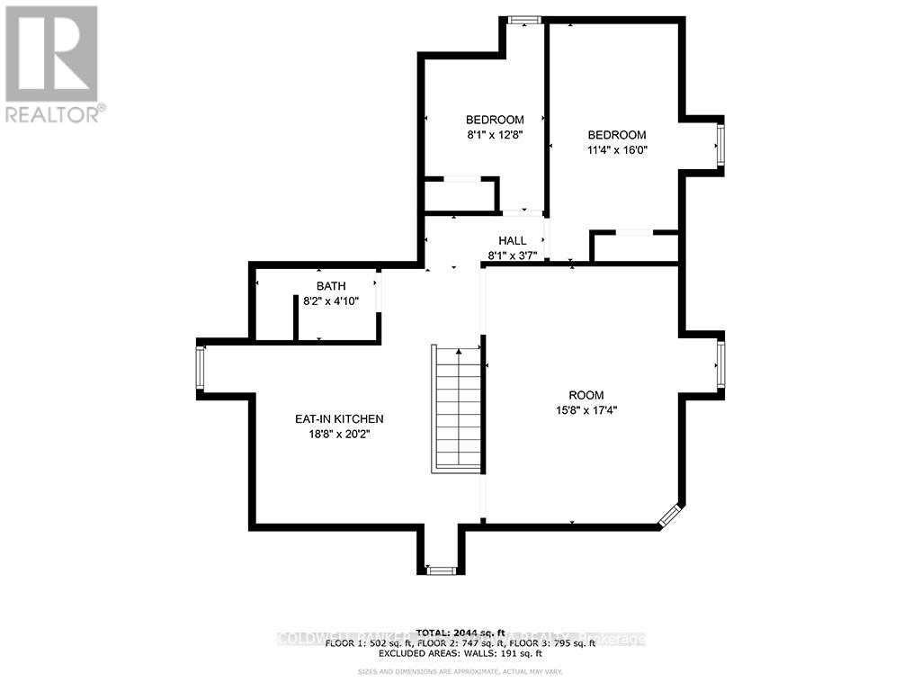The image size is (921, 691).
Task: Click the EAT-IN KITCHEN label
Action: (339, 419)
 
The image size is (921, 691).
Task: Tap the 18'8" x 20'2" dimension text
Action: (339, 435)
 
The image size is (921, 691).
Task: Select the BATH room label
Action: (330, 286)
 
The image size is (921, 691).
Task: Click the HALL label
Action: (513, 240)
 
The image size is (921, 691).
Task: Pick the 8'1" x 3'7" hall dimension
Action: (513, 256)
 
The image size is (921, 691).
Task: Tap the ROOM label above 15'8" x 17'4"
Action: (586, 395)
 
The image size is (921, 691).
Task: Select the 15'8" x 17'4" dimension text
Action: (586, 410)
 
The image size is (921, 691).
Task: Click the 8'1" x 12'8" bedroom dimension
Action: (494, 135)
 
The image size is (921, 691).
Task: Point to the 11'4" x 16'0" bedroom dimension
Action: (612, 150)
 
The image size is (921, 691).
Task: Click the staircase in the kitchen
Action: (458, 408)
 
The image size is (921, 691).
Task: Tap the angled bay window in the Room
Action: (670, 516)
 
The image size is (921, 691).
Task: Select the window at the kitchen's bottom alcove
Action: (441, 570)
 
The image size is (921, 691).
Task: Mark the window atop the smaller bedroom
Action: (520, 20)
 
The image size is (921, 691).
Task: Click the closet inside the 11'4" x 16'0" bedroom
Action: (633, 247)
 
